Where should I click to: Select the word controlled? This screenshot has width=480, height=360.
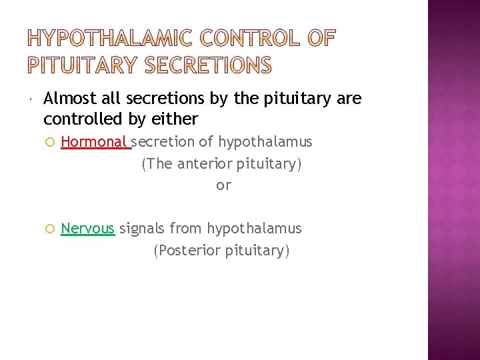[x=77, y=119]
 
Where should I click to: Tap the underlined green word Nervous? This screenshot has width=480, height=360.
[x=87, y=229]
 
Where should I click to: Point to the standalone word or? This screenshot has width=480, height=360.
[x=223, y=185]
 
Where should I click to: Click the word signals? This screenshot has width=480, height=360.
[x=142, y=229]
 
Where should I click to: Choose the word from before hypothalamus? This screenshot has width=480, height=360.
[x=186, y=229]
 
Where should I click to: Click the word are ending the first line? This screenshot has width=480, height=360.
[x=349, y=99]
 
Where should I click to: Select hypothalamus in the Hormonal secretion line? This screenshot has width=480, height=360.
[x=265, y=142]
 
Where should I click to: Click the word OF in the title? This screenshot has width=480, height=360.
[x=321, y=40]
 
